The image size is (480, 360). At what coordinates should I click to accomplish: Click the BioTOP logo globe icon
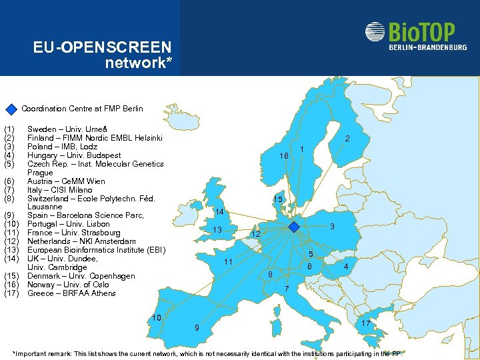pos(375,32)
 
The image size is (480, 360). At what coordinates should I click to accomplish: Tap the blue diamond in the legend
pos(11,109)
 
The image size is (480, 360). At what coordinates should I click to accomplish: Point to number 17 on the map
pos(366,323)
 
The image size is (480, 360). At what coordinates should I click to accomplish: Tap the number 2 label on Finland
pos(347,139)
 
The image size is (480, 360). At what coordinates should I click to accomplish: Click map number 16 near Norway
pos(283,155)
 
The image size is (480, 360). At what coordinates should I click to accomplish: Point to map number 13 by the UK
pos(217,230)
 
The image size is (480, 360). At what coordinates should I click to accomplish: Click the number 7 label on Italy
pos(286,289)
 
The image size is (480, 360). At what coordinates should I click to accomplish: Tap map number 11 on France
pos(228,261)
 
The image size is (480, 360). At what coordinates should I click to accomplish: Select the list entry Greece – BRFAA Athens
pos(71,293)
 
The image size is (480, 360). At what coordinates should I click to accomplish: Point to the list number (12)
pos(10,241)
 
